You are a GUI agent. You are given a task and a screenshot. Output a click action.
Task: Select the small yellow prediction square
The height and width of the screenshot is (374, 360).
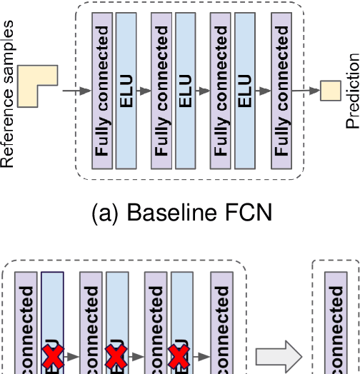tap(331, 90)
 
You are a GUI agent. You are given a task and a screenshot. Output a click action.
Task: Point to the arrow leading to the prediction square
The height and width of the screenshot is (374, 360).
tap(306, 91)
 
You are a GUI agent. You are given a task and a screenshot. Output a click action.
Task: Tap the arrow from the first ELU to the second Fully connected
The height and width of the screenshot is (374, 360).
tap(144, 91)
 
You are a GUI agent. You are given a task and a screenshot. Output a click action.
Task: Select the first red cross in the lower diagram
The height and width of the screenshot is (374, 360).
tap(52, 356)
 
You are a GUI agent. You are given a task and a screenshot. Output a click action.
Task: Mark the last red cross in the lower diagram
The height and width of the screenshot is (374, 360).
tap(179, 356)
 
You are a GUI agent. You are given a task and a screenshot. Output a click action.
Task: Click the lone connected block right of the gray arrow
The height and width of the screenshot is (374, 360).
tap(336, 328)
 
